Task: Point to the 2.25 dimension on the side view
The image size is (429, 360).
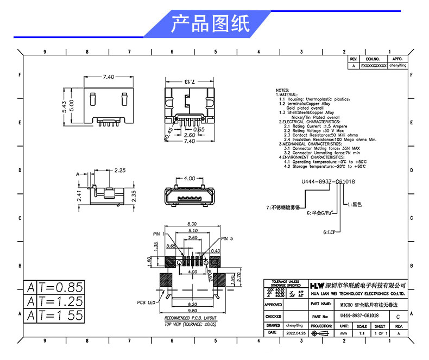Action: tap(120, 170)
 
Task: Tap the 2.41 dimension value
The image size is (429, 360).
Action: tap(79, 194)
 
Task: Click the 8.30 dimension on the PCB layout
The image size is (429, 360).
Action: tap(192, 224)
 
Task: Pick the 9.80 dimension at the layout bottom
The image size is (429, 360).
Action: tap(192, 310)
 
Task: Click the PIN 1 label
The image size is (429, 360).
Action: tap(159, 233)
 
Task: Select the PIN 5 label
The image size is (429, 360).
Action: tap(228, 238)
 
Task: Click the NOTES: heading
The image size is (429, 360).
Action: tap(282, 90)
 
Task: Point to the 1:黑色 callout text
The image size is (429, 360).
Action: tap(354, 205)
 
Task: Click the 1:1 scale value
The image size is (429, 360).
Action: tap(362, 332)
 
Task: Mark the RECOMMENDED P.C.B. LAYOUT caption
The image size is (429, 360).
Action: tap(190, 318)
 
